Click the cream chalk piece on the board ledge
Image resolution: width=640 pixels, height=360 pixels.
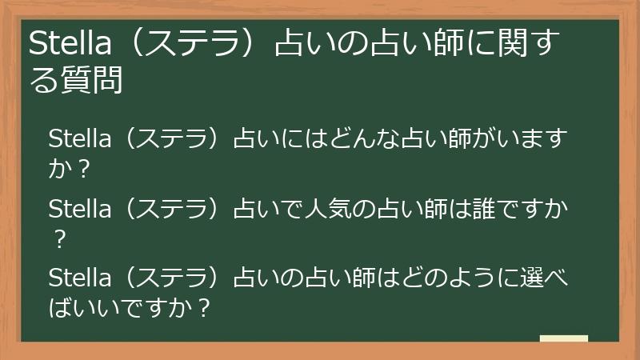563,338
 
